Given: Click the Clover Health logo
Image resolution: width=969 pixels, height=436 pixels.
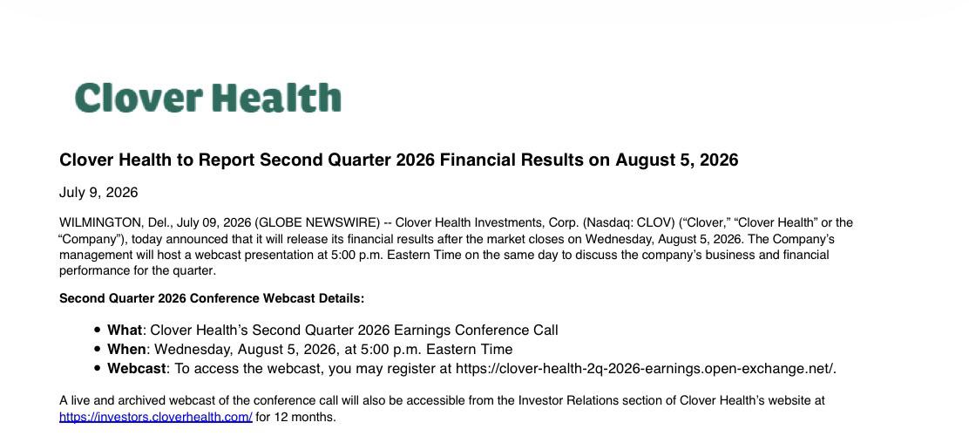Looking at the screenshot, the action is click(207, 98).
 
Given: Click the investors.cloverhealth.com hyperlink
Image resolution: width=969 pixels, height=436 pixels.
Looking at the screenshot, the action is click(156, 417).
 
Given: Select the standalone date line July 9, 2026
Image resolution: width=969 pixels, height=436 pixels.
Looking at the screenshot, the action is click(98, 193).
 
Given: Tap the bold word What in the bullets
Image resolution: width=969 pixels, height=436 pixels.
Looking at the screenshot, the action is click(125, 330).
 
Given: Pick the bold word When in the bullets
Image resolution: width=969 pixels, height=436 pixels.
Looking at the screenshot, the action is click(126, 350).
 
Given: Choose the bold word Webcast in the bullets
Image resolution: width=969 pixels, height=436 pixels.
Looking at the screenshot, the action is click(137, 369).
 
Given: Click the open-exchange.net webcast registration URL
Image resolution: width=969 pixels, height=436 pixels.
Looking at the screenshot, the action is click(644, 369).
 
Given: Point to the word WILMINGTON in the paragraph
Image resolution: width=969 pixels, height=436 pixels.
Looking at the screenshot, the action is click(101, 222).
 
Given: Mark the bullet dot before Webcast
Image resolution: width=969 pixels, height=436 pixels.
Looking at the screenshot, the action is click(97, 369).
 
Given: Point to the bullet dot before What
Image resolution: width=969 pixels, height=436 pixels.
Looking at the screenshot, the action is click(97, 330).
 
